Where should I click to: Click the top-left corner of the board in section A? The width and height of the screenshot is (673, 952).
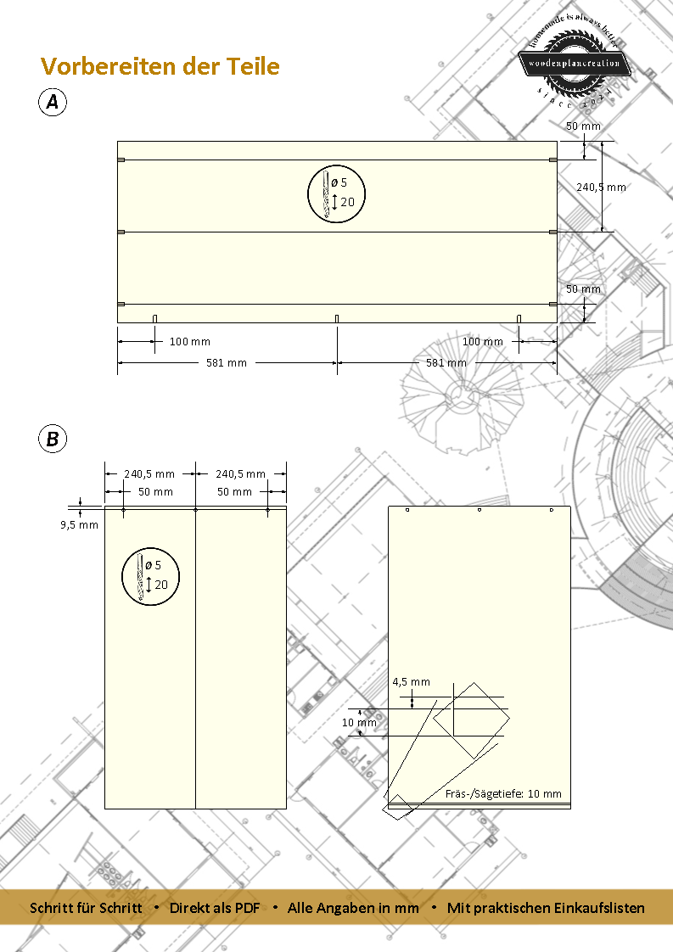(117, 142)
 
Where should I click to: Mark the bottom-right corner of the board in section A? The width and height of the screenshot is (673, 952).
(557, 322)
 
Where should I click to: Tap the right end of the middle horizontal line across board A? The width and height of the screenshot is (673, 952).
(557, 232)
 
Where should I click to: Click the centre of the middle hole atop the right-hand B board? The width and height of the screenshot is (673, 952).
(480, 510)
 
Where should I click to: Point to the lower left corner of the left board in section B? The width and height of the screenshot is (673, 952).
(105, 809)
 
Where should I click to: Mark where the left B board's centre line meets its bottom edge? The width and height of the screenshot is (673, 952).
(195, 809)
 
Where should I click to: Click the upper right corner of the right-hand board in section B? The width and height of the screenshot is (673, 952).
(570, 506)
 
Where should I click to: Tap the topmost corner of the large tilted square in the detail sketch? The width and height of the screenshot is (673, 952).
(474, 682)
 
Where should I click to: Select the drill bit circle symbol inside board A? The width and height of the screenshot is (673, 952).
(336, 193)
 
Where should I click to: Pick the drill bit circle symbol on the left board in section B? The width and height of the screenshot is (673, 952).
(150, 576)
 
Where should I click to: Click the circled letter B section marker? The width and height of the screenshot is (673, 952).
(53, 439)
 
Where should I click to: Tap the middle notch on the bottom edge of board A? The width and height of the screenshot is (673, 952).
(337, 319)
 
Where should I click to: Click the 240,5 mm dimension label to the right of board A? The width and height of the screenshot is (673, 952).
(601, 187)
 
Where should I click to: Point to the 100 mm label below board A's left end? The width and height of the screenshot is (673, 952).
(189, 342)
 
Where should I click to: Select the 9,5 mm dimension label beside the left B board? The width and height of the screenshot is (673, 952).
(79, 525)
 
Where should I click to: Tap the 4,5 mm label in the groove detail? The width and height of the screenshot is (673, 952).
(412, 682)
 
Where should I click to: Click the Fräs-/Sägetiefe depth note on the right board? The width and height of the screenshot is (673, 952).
(503, 793)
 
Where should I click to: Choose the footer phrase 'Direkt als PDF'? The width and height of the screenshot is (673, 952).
(215, 908)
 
